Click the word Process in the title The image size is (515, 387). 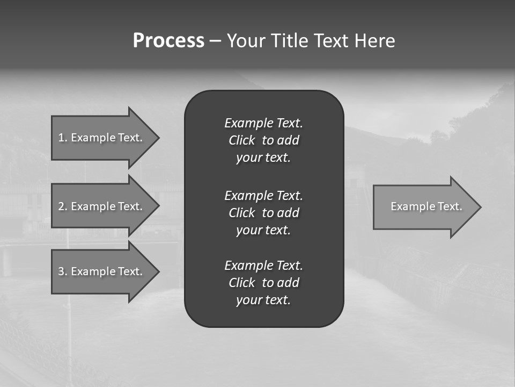pyautogui.click(x=168, y=41)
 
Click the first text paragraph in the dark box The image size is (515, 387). pyautogui.click(x=263, y=140)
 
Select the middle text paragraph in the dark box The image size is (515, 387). pyautogui.click(x=263, y=213)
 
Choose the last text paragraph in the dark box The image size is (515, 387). pyautogui.click(x=263, y=283)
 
